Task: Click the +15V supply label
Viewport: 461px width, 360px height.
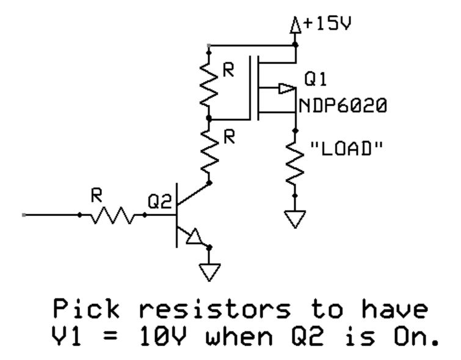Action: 329,25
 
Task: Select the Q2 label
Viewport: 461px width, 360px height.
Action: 162,202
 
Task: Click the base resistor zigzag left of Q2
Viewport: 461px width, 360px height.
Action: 112,215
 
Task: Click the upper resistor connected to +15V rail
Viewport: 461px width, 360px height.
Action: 209,82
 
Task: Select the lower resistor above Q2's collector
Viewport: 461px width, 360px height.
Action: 209,150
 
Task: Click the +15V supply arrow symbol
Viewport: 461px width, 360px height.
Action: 296,26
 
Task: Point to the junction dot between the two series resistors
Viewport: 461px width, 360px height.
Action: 209,117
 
